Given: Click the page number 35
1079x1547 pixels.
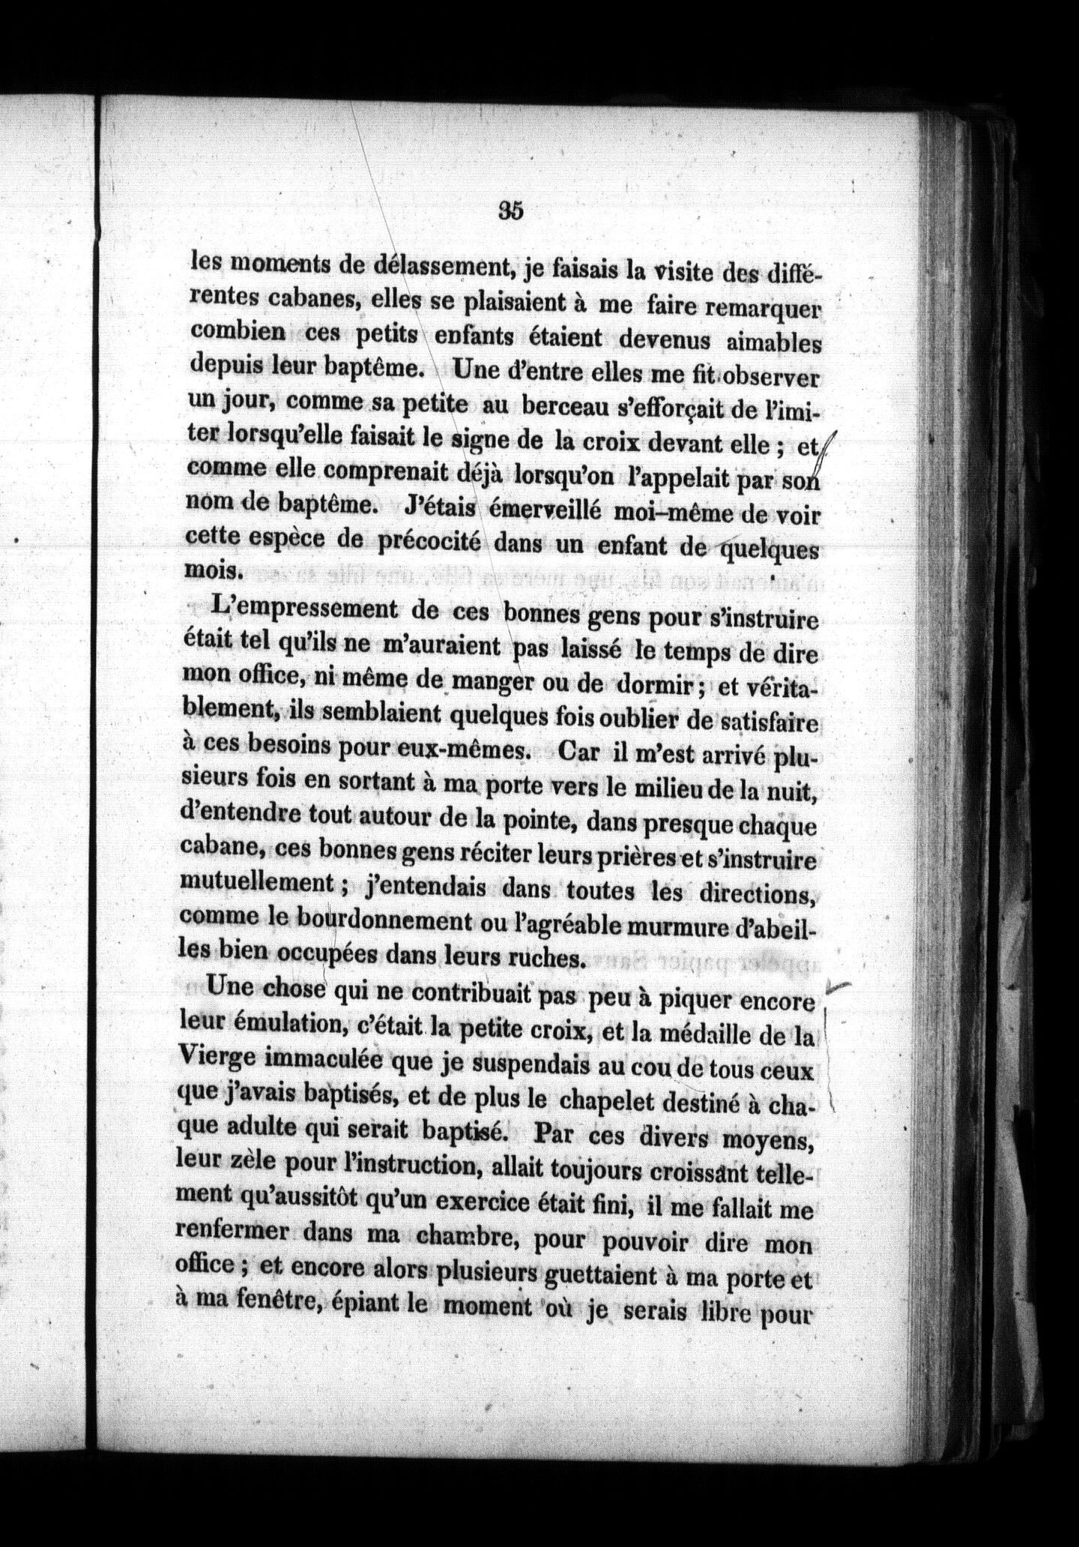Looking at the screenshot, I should point(510,211).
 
